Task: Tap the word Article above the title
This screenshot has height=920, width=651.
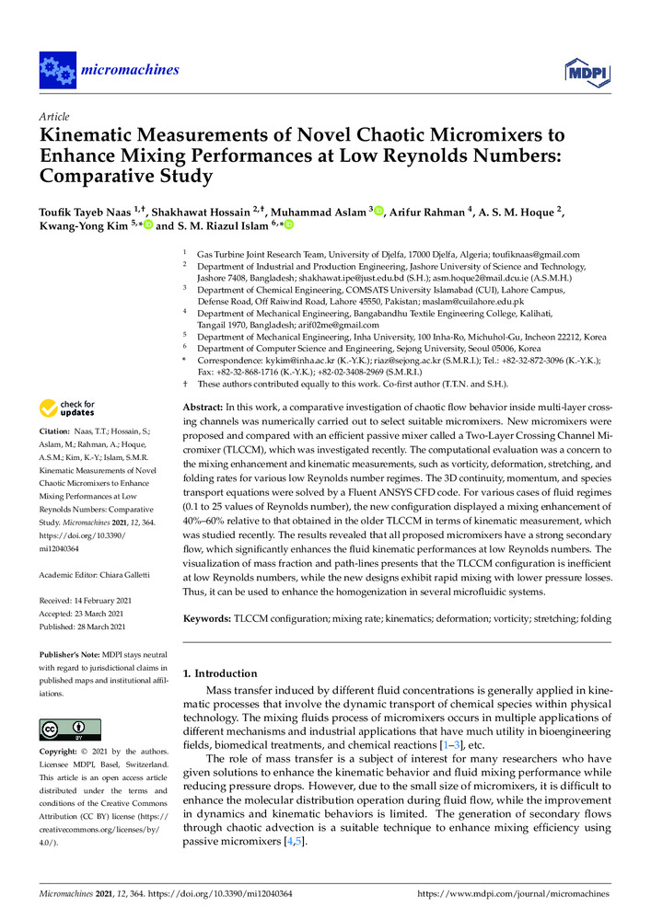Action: (52, 119)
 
